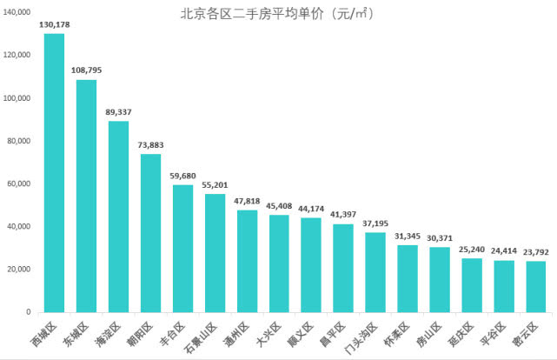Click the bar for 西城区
pyautogui.click(x=54, y=174)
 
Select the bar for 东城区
pyautogui.click(x=86, y=196)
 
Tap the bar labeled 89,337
pyautogui.click(x=118, y=217)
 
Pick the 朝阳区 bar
pyautogui.click(x=150, y=233)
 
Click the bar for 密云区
pyautogui.click(x=536, y=287)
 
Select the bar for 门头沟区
pyautogui.click(x=375, y=272)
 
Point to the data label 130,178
pyautogui.click(x=54, y=24)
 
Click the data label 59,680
pyautogui.click(x=182, y=176)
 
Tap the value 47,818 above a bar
pyautogui.click(x=247, y=201)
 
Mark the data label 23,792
pyautogui.click(x=535, y=252)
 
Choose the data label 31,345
pyautogui.click(x=408, y=237)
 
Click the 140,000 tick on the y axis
pyautogui.click(x=18, y=12)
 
